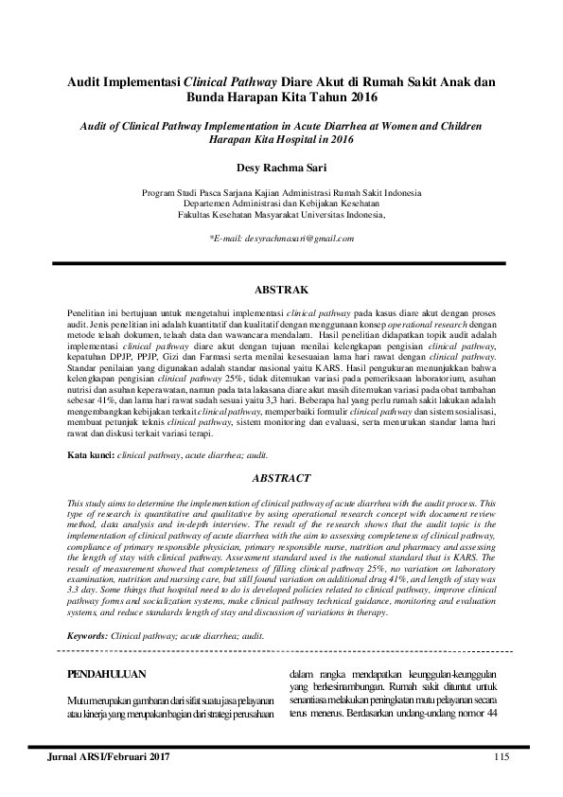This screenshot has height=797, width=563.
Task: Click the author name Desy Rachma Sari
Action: pyautogui.click(x=282, y=169)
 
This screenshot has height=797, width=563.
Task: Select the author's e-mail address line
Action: pyautogui.click(x=282, y=238)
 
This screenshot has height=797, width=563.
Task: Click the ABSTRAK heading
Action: pyautogui.click(x=282, y=288)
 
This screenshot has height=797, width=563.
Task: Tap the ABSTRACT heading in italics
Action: pyautogui.click(x=282, y=479)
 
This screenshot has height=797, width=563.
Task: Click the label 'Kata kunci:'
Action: pyautogui.click(x=90, y=455)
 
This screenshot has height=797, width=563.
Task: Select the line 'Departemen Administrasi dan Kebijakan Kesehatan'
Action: pyautogui.click(x=282, y=204)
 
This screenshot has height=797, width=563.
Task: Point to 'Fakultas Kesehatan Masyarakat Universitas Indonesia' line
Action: pyautogui.click(x=282, y=215)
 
